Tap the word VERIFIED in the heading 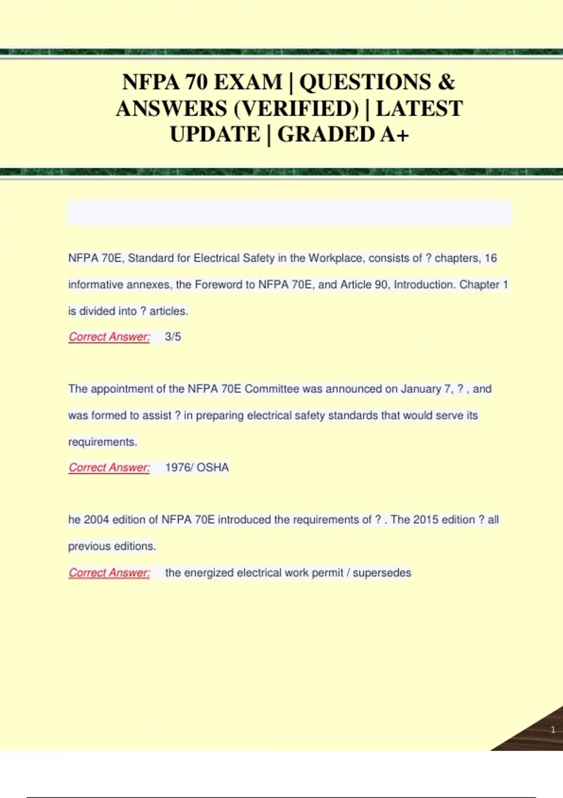[297, 109]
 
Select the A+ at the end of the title [395, 135]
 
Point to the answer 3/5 [173, 337]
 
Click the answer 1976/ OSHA [197, 468]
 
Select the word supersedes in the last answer [382, 573]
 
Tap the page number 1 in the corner [553, 729]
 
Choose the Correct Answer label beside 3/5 [109, 337]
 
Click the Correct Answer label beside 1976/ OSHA [109, 468]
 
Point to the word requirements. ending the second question [103, 442]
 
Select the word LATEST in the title [419, 109]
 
